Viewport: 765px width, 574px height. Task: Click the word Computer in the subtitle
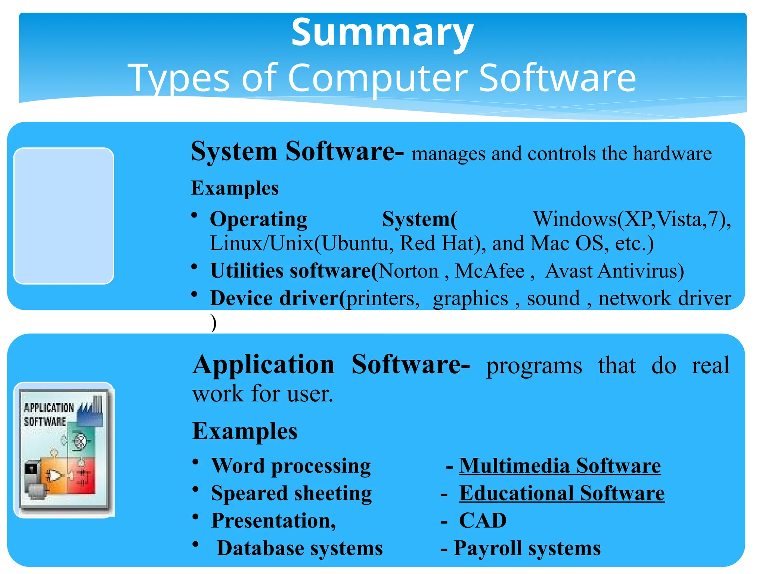377,78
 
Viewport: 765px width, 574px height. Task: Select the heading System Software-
297,152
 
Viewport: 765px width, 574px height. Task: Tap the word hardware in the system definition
672,154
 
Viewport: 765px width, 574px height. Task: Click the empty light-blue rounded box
64,216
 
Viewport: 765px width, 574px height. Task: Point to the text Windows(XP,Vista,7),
631,219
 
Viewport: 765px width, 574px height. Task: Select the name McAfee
489,271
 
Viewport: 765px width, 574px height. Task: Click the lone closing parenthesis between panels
213,323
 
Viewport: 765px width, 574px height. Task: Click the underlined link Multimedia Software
560,466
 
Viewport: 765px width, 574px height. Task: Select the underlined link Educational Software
561,493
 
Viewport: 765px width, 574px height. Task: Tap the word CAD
482,521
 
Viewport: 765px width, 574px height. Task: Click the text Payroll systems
527,548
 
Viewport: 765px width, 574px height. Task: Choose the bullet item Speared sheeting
291,493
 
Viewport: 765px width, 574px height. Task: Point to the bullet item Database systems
300,548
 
